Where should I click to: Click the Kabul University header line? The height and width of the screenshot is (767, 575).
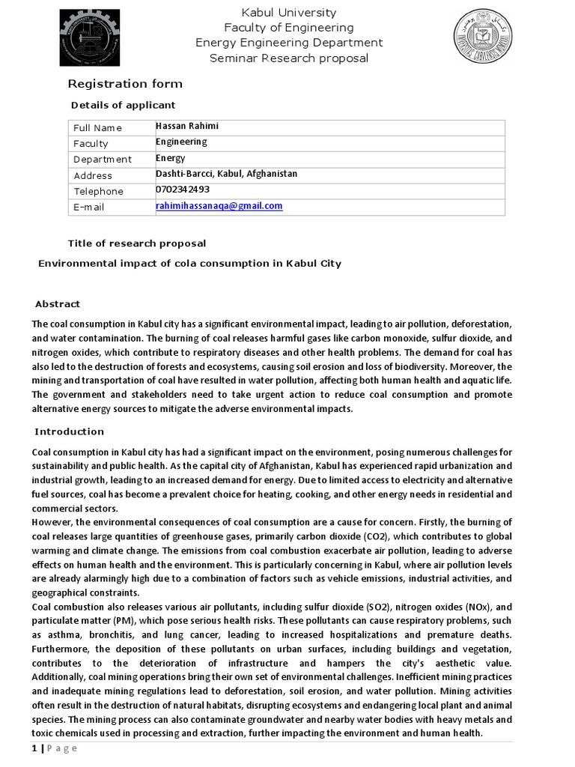[x=288, y=13]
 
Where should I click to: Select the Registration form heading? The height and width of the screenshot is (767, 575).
[x=125, y=84]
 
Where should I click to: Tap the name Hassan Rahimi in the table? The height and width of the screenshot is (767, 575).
[x=186, y=126]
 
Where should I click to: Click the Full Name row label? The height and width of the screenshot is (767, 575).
[x=97, y=128]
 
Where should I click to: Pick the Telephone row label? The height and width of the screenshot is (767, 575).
[x=98, y=192]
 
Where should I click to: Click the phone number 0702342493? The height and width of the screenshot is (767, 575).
[x=182, y=190]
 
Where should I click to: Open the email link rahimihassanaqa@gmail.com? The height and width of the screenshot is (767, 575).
[x=219, y=206]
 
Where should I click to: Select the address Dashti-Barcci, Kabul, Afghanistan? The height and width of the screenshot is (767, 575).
[x=226, y=174]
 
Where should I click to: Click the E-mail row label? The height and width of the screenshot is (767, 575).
[x=88, y=207]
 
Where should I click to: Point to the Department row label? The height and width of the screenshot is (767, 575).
[x=102, y=160]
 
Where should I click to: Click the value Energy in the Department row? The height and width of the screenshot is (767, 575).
[x=170, y=158]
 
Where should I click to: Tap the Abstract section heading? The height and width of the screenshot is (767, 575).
[x=57, y=304]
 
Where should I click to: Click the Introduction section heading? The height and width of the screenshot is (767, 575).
[x=69, y=431]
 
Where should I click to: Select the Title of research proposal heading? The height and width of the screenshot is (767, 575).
[x=136, y=243]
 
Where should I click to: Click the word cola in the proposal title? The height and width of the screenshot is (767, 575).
[x=187, y=264]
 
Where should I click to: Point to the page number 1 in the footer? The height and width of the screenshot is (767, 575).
[x=34, y=749]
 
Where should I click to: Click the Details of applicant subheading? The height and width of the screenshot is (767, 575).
[x=123, y=105]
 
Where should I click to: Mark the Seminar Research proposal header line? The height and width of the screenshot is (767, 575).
[x=288, y=58]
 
